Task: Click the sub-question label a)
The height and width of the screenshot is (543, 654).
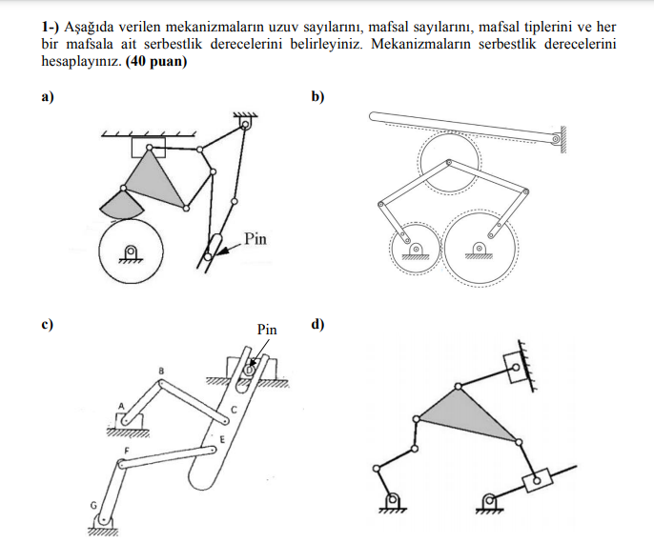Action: click(x=46, y=96)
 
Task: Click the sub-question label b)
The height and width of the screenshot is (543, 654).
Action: click(x=317, y=96)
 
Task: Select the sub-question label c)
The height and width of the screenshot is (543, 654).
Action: click(x=46, y=325)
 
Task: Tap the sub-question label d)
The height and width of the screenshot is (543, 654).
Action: click(x=317, y=325)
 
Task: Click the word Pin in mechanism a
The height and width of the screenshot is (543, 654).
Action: click(x=255, y=238)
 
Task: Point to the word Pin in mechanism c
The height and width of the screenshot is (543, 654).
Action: click(x=267, y=330)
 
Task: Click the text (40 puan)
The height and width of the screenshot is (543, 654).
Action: click(x=155, y=62)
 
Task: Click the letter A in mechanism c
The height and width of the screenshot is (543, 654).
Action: click(x=121, y=405)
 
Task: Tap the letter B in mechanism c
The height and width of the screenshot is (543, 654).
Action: click(x=161, y=370)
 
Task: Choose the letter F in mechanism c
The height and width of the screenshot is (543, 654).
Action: click(x=127, y=448)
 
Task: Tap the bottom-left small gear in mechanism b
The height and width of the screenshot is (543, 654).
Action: click(x=415, y=245)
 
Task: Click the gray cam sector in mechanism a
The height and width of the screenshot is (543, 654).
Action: click(x=119, y=203)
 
